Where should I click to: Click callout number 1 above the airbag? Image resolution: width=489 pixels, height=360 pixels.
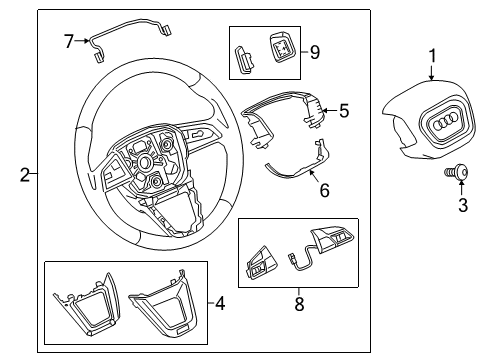pyautogui.click(x=432, y=56)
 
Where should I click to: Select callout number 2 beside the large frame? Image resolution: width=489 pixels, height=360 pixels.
pyautogui.click(x=25, y=175)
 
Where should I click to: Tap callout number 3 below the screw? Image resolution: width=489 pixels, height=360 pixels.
pyautogui.click(x=463, y=205)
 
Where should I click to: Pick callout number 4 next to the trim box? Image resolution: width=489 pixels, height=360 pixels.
pyautogui.click(x=220, y=303)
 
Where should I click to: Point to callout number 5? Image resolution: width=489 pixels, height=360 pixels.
pyautogui.click(x=344, y=111)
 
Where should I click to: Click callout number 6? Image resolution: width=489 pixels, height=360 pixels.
pyautogui.click(x=324, y=190)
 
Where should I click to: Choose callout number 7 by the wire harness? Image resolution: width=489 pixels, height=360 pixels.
pyautogui.click(x=69, y=41)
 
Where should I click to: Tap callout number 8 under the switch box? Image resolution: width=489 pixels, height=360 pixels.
pyautogui.click(x=299, y=304)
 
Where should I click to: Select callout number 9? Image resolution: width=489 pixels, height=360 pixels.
pyautogui.click(x=315, y=52)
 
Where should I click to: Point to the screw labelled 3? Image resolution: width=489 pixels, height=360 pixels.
pyautogui.click(x=456, y=173)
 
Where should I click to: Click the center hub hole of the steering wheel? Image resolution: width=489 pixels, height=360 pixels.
pyautogui.click(x=145, y=162)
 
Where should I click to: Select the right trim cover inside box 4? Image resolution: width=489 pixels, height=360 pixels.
pyautogui.click(x=162, y=303)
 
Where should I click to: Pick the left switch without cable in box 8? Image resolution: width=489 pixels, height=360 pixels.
pyautogui.click(x=262, y=263)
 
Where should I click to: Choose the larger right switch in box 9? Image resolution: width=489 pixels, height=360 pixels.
pyautogui.click(x=281, y=47)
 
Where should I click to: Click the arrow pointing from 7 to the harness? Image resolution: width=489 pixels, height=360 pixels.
pyautogui.click(x=82, y=41)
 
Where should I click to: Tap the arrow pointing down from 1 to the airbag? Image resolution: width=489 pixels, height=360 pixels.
pyautogui.click(x=432, y=72)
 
